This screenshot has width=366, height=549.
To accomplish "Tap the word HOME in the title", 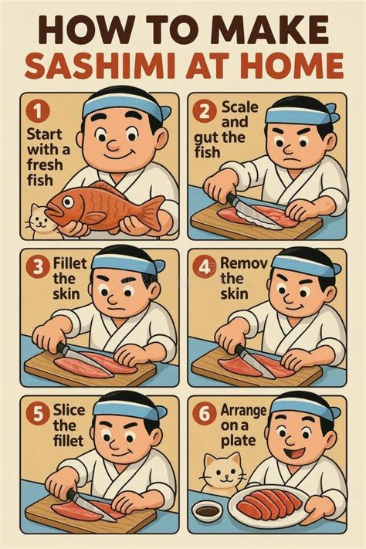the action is tap(289, 66).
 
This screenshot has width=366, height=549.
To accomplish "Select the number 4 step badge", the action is tap(204, 267).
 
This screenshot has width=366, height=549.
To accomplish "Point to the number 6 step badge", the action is tap(204, 414).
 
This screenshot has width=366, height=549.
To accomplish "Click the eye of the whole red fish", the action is tap(68, 202).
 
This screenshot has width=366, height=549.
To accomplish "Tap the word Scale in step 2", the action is tap(240, 107).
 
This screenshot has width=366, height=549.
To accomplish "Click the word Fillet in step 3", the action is tap(69, 263).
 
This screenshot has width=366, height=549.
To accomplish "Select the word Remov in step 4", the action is tap(244, 263).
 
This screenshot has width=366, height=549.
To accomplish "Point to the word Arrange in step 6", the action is tap(243, 411).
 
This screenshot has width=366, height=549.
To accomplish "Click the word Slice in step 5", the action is tap(69, 410).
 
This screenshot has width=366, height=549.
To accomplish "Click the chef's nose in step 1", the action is tap(114, 144).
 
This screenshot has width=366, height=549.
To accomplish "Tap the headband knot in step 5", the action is tap(160, 411).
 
